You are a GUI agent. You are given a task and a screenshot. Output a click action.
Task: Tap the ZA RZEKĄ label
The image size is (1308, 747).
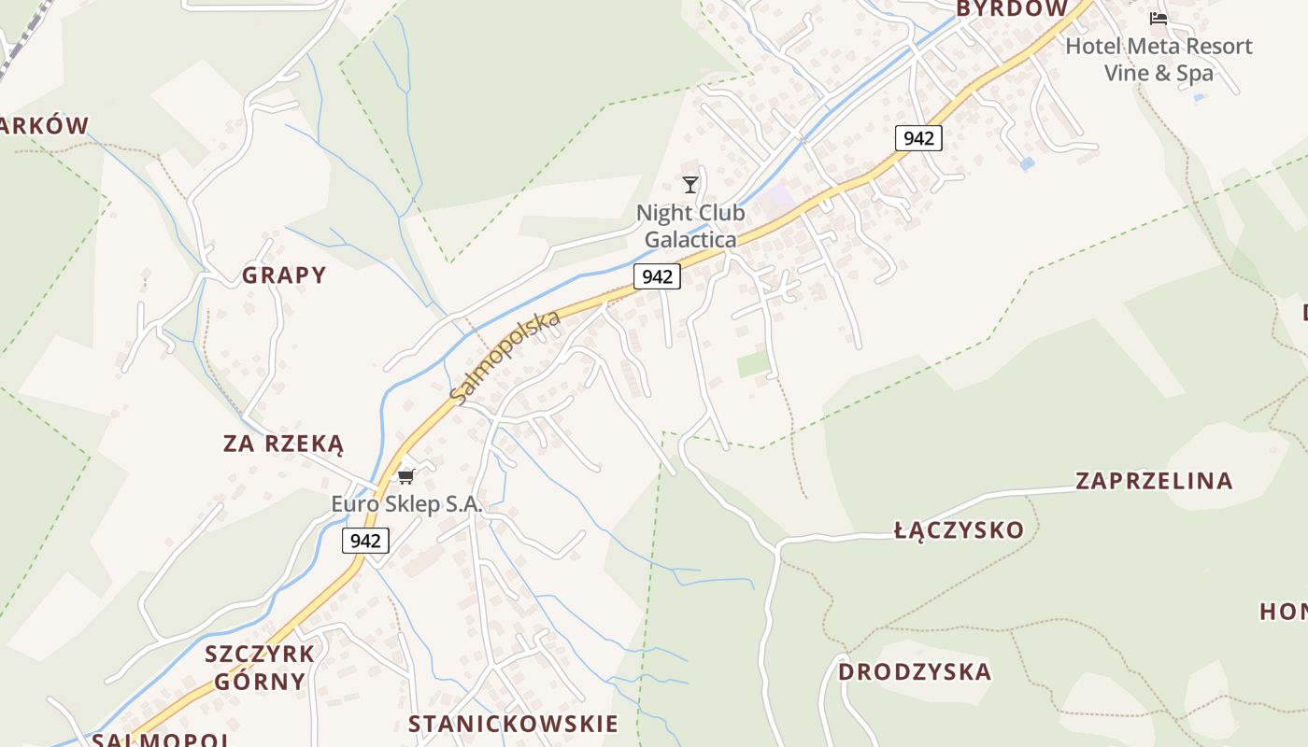click(x=283, y=444)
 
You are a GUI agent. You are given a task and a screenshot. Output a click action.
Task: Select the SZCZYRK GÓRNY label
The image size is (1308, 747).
click(x=260, y=667)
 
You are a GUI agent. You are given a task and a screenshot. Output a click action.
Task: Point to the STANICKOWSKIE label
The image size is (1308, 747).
click(x=513, y=724)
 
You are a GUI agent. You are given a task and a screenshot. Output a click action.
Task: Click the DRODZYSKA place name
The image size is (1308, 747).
click(x=915, y=672)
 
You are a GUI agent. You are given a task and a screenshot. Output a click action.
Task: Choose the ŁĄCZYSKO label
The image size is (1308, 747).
click(x=959, y=530)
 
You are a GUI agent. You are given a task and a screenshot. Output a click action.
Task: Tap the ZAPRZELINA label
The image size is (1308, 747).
click(x=1154, y=481)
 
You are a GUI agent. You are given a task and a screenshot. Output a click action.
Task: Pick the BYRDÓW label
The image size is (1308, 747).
click(x=1012, y=9)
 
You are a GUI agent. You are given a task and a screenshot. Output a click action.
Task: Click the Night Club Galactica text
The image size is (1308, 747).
click(x=690, y=226)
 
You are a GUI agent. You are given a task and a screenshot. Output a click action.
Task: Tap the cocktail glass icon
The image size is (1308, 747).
click(x=690, y=185)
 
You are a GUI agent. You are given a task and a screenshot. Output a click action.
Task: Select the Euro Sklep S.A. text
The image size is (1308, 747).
click(x=406, y=504)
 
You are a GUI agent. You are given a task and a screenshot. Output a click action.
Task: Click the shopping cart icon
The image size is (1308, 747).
click(x=405, y=477)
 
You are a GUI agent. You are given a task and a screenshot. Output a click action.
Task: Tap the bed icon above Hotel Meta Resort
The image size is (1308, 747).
click(x=1159, y=19)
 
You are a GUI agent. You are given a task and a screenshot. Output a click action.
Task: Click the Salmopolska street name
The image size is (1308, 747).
click(x=505, y=358)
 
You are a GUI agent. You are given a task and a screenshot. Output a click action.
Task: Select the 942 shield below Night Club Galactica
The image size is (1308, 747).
click(x=657, y=276)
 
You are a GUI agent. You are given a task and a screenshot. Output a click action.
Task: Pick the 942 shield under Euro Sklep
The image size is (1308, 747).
click(x=365, y=541)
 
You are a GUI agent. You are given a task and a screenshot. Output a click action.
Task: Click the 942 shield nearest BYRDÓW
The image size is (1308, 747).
click(x=918, y=138)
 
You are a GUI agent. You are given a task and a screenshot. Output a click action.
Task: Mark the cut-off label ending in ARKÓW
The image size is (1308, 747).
click(x=44, y=126)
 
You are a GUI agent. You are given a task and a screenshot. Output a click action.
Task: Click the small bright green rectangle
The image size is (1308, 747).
click(x=753, y=363)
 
